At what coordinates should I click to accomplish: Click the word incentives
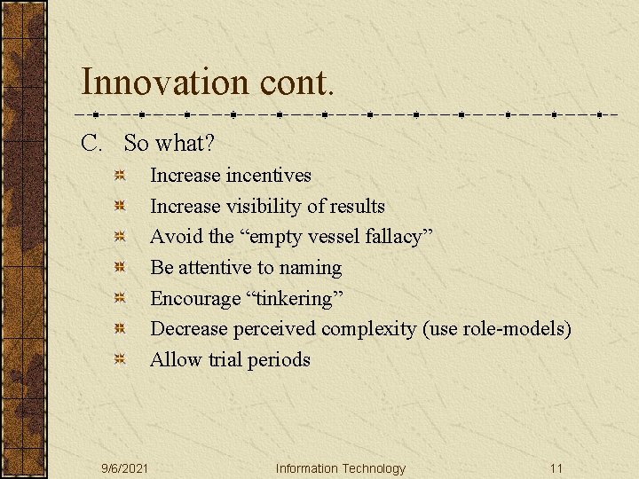pyautogui.click(x=268, y=176)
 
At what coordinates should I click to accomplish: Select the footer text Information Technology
pyautogui.click(x=340, y=468)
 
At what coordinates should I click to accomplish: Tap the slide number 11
pyautogui.click(x=556, y=468)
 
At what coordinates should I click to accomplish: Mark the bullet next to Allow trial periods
pyautogui.click(x=120, y=360)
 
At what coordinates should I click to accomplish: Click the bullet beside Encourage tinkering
pyautogui.click(x=120, y=299)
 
